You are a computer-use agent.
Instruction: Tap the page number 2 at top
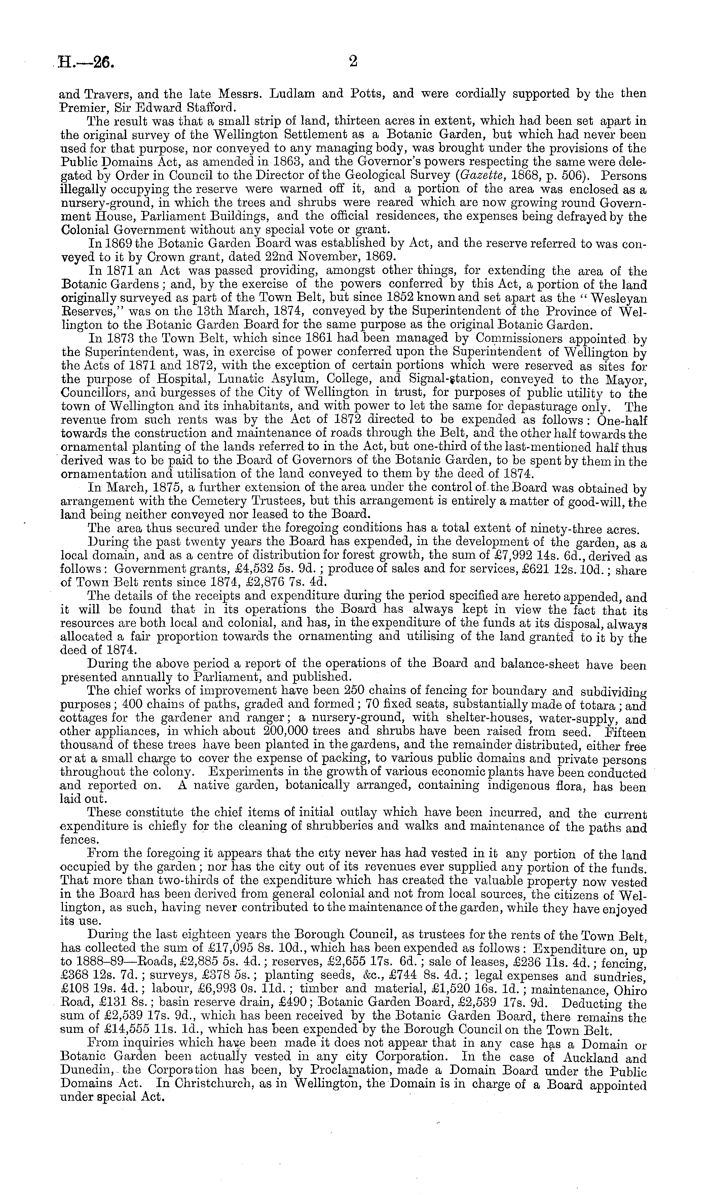[x=353, y=62]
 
